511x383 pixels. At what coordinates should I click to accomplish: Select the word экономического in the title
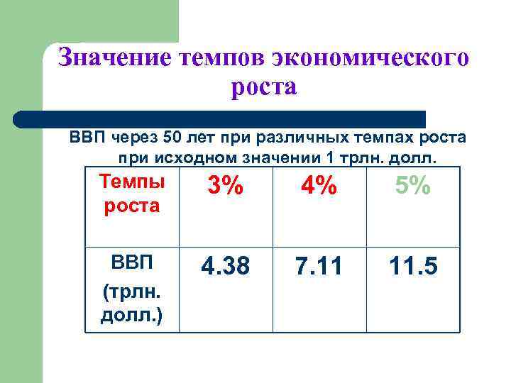click(368, 57)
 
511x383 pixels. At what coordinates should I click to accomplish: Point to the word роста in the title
click(263, 88)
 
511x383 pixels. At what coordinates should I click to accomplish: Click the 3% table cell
click(224, 187)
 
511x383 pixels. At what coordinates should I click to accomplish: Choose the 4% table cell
click(319, 187)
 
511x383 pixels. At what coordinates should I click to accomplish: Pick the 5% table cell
click(412, 187)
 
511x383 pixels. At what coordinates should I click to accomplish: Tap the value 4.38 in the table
click(224, 267)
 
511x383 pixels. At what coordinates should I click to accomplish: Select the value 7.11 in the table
click(319, 267)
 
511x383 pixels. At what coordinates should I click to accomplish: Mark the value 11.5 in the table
click(412, 267)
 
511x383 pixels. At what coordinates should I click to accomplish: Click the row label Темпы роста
click(132, 194)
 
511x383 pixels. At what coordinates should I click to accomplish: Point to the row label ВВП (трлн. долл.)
click(132, 287)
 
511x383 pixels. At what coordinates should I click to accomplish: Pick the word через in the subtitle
click(133, 136)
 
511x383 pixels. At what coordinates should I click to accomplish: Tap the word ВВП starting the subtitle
click(85, 136)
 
